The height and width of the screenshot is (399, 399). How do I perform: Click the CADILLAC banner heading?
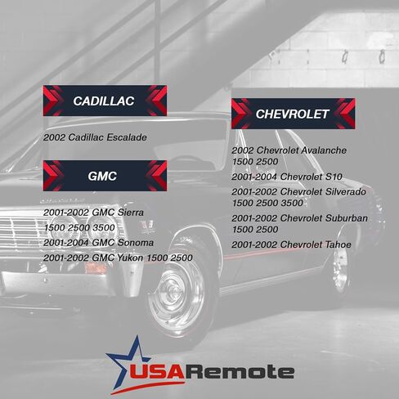105,101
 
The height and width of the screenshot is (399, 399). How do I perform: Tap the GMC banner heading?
105,176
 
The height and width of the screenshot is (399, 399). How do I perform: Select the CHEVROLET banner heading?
294,114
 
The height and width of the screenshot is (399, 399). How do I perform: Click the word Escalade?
127,137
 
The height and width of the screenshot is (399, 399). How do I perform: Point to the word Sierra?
130,213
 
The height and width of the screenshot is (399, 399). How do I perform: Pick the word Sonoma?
136,242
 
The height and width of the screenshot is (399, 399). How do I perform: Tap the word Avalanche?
324,150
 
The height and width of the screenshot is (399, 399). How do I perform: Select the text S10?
334,177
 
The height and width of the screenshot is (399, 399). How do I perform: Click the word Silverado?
346,191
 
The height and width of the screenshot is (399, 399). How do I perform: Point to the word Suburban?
347,218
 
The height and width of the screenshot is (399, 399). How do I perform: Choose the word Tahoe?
338,244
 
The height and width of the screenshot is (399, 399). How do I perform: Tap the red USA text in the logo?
157,371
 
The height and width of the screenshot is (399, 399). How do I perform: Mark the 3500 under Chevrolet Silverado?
293,203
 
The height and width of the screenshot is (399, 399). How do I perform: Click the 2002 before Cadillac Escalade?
54,137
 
